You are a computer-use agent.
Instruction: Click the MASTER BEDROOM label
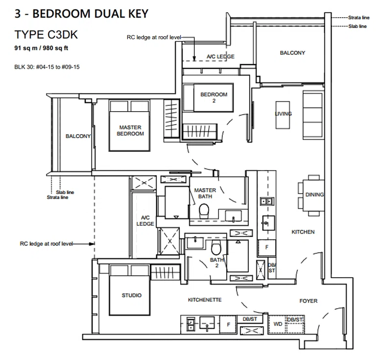[130, 131]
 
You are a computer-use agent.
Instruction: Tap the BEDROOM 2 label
[214, 97]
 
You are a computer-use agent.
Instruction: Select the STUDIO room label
[131, 295]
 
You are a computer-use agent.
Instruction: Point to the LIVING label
[284, 114]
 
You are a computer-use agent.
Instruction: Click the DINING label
[315, 195]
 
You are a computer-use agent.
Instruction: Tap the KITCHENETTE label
[205, 300]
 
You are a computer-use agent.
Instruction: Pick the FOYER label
[309, 301]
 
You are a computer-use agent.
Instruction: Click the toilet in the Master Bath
[204, 211]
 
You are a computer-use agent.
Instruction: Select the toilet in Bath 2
[215, 247]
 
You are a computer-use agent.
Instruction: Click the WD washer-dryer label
[278, 324]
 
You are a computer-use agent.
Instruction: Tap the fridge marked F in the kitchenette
[228, 325]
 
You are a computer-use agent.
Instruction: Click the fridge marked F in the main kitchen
[267, 248]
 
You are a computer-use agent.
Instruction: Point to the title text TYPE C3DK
[46, 34]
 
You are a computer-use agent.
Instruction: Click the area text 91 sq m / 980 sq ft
[41, 48]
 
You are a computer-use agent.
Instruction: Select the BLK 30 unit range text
[47, 67]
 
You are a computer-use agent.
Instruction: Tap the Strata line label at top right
[358, 18]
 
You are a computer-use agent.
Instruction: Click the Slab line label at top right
[357, 26]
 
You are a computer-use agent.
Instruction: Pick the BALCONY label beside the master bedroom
[78, 136]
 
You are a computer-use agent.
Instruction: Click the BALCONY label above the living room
[292, 53]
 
